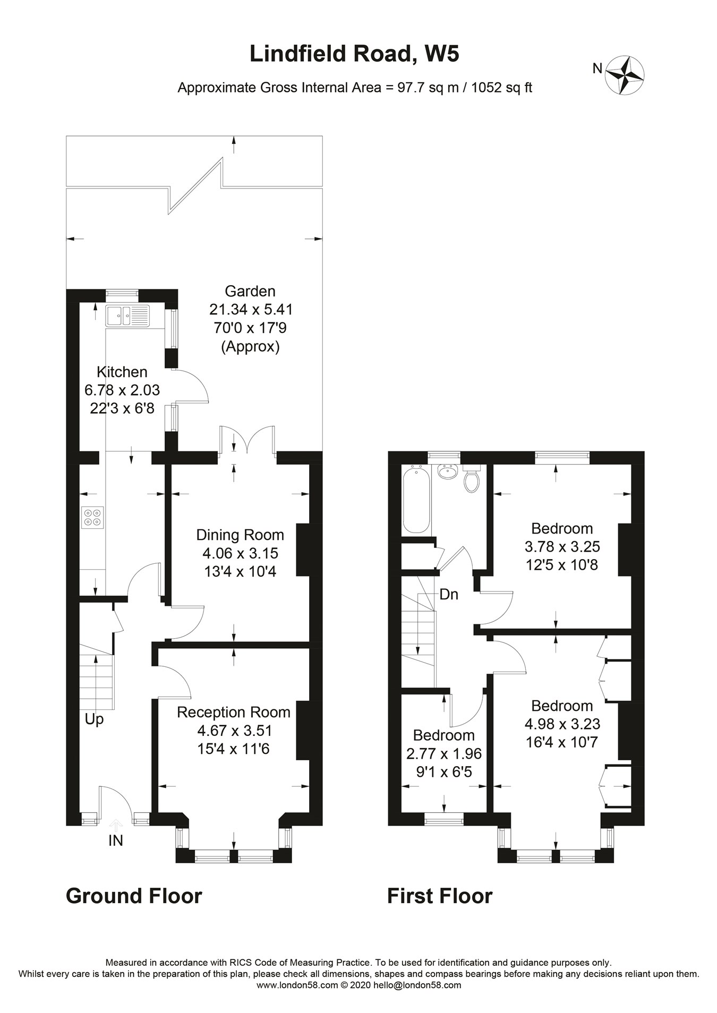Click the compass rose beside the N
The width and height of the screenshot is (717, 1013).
pos(625,76)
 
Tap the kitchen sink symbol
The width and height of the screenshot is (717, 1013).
pos(127,315)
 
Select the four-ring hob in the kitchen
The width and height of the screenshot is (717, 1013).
pos(92,518)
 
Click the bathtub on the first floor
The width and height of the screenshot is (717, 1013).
pos(416,499)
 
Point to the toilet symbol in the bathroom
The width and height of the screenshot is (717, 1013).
pos(471,478)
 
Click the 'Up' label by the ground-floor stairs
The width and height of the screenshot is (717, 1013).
pos(94,720)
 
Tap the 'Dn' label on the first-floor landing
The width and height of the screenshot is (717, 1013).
pos(449,595)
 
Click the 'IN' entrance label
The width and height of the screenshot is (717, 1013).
pos(116,840)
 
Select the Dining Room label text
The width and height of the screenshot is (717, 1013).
pos(240,535)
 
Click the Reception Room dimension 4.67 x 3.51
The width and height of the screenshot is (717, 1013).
pos(234,731)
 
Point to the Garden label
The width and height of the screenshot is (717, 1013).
pos(250,291)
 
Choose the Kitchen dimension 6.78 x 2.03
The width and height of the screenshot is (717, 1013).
pos(122,390)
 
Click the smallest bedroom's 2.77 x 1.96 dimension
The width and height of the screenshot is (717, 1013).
pos(444,753)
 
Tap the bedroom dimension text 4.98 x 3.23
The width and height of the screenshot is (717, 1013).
pos(562,724)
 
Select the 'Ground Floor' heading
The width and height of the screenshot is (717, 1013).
pos(134,896)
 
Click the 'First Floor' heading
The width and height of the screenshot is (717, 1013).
pos(440,896)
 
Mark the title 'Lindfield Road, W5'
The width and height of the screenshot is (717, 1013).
pos(354,54)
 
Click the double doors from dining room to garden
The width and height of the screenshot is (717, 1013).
pos(247,440)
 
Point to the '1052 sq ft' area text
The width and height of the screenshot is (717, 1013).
pos(501,88)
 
